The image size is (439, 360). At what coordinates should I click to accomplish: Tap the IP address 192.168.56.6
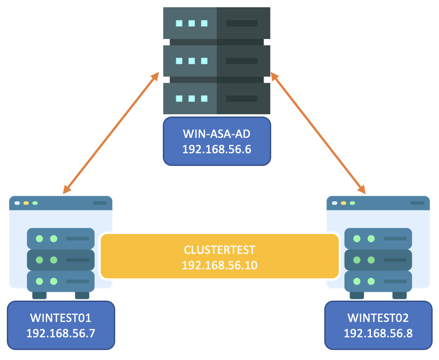216,149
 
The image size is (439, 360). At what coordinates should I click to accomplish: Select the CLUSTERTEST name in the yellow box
219,250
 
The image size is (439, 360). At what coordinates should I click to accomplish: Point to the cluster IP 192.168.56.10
219,265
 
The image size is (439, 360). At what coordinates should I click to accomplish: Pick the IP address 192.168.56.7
61,333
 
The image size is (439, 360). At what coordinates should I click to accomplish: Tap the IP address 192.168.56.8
378,333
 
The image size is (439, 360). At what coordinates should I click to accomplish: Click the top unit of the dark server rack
217,23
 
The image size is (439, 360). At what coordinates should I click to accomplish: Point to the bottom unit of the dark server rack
217,98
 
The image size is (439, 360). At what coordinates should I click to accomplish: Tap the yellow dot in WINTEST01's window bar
26,203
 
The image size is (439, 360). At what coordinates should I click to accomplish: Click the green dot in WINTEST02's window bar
352,203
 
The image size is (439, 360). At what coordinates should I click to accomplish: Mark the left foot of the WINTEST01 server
39,295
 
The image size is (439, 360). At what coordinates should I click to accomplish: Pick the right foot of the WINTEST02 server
399,295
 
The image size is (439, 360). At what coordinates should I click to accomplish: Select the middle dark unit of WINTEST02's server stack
378,260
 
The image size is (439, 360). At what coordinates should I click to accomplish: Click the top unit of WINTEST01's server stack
61,238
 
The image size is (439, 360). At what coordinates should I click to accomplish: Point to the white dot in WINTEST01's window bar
17,203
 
